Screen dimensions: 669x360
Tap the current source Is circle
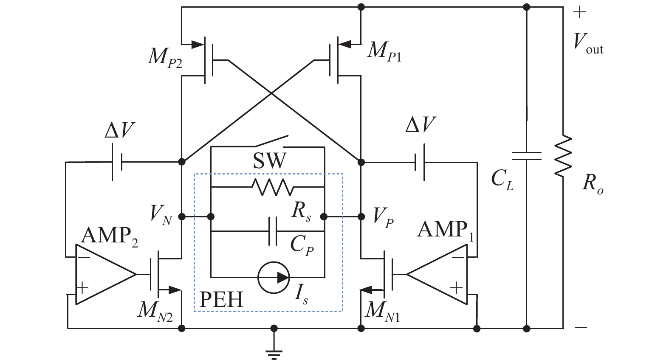tap(274, 277)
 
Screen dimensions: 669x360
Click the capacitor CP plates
tap(273, 231)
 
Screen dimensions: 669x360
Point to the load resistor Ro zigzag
tap(563, 156)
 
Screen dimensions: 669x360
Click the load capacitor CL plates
tap(527, 156)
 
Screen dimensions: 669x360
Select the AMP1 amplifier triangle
tap(437, 275)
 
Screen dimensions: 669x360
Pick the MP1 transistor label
tap(385, 51)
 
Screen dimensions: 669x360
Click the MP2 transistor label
tap(165, 58)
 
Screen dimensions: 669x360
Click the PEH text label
tap(221, 300)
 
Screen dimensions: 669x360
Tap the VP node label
tap(384, 217)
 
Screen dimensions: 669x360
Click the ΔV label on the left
tap(119, 130)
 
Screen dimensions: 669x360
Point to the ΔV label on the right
tap(420, 124)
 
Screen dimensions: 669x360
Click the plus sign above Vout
tap(579, 13)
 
